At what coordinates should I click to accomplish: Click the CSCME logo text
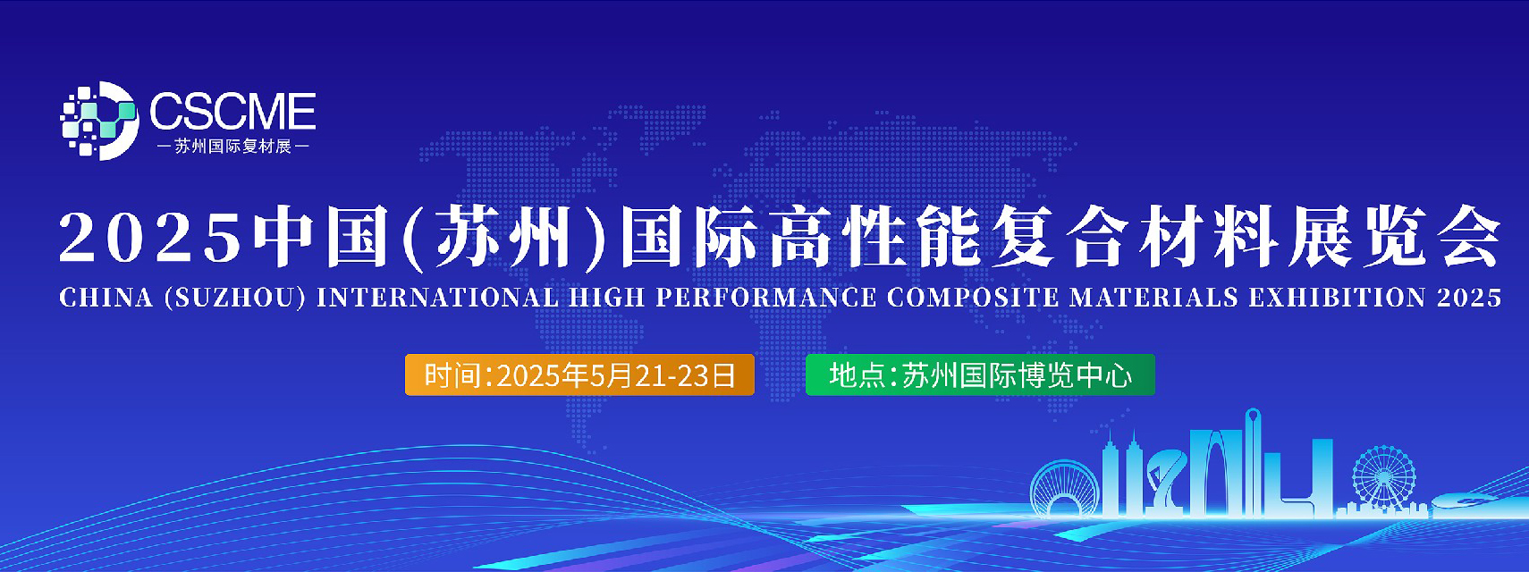[x=232, y=111]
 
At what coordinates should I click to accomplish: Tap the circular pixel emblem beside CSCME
[x=99, y=121]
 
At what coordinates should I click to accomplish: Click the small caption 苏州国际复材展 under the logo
[x=232, y=147]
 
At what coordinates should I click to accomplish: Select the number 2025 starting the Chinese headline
[x=151, y=239]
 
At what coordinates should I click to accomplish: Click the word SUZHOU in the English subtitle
[x=235, y=298]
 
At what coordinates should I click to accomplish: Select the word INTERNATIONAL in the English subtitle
[x=437, y=298]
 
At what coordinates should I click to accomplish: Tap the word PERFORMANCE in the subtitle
[x=766, y=298]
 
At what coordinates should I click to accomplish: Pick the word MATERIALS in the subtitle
[x=1154, y=298]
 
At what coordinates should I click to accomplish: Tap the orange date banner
[x=579, y=374]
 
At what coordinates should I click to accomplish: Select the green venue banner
[x=980, y=374]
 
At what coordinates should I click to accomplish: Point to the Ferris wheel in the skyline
[x=1383, y=478]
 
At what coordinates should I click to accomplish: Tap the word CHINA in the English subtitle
[x=106, y=298]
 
